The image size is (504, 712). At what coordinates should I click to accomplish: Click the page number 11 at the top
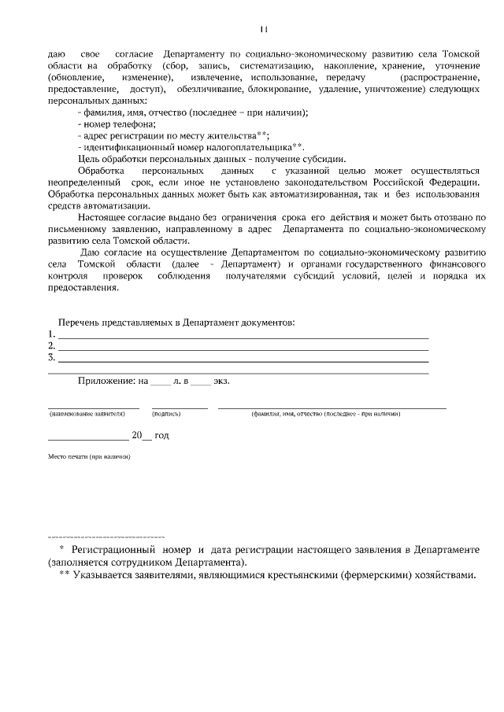click(x=263, y=29)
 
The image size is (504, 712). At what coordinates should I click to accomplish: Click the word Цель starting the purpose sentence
click(x=89, y=158)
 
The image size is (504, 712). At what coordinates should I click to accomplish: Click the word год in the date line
click(x=161, y=434)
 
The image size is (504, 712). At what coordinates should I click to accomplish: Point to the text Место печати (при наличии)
click(x=88, y=456)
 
